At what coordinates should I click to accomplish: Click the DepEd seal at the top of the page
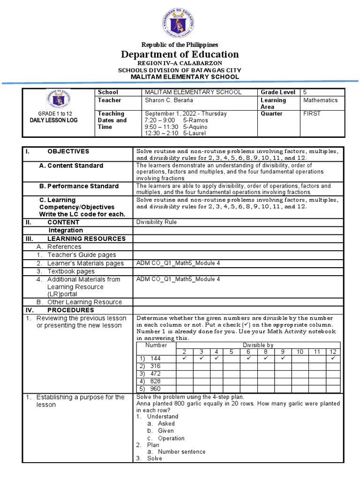[180, 20]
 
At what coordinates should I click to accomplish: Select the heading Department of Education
[180, 54]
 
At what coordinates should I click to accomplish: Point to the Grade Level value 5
[305, 92]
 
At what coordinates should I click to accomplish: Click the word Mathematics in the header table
[320, 100]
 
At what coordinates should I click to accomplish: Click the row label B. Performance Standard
[79, 186]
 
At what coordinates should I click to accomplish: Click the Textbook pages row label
[71, 271]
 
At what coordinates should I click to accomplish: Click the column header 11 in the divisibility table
[317, 352]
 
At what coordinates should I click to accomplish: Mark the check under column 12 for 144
[333, 359]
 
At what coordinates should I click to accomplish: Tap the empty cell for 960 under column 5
[231, 389]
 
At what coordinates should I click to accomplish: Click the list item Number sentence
[181, 452]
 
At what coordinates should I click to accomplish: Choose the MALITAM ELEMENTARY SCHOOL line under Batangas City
[184, 77]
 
